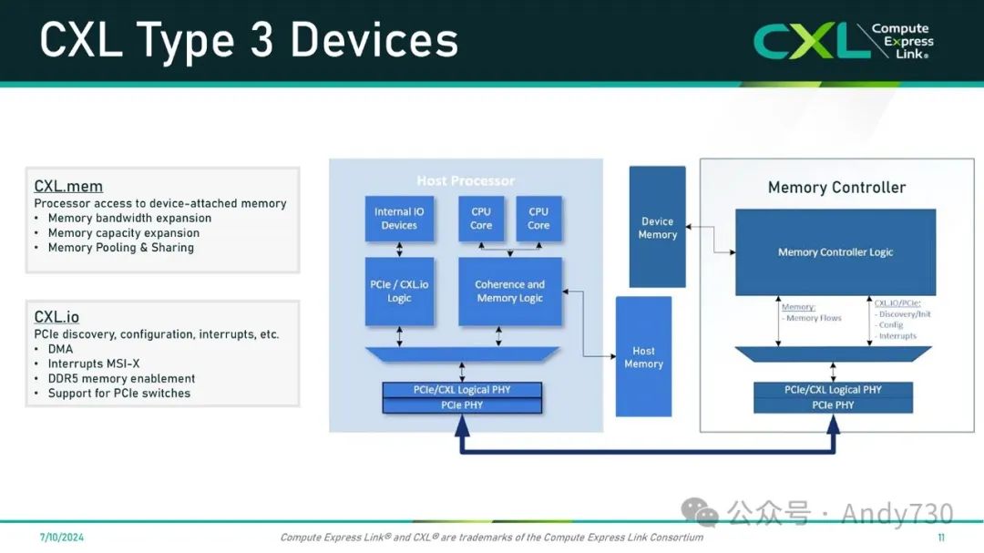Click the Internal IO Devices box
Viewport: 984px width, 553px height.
point(399,219)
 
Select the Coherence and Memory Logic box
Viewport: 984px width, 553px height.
point(509,292)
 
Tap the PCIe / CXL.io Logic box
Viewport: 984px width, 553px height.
point(399,292)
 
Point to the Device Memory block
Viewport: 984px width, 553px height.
point(657,228)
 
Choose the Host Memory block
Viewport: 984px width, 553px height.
point(643,357)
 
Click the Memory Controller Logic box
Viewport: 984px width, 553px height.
point(835,252)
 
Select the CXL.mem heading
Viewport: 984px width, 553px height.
point(68,187)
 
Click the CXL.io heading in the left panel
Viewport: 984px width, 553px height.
point(56,317)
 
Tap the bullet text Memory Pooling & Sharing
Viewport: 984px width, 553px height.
point(120,248)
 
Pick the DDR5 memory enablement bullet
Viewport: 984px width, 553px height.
point(121,379)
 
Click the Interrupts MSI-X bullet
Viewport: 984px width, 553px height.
point(94,364)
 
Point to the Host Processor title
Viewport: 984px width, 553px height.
point(466,181)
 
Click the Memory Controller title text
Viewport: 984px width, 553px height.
point(836,188)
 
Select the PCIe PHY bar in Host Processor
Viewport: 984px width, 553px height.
point(462,405)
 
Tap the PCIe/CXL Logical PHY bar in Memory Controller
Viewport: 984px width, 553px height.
point(833,390)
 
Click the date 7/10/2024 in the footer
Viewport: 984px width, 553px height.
point(62,538)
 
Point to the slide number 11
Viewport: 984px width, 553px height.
point(940,538)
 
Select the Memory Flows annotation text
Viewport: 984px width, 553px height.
point(814,318)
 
